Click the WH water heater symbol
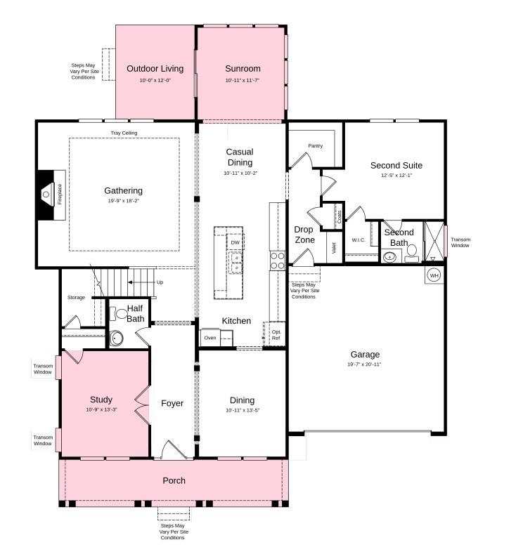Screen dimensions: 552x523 tap(434, 275)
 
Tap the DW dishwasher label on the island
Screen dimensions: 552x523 tap(235, 243)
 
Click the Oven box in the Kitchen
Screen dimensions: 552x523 tap(210, 338)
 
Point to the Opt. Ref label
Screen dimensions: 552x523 tap(276, 335)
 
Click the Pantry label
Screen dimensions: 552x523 tap(315, 146)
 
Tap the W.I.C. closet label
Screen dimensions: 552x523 tap(359, 239)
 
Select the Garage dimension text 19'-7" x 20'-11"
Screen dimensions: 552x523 tap(364, 365)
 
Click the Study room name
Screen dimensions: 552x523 tap(101, 400)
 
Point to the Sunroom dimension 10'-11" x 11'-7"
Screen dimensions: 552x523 tap(243, 81)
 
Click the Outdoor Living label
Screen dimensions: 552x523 tap(155, 69)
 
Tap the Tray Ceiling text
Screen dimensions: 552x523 tap(124, 133)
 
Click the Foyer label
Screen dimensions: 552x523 tap(172, 403)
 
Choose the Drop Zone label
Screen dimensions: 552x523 tap(304, 235)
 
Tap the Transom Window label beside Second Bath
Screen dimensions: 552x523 tap(460, 242)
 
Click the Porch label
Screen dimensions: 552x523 tap(174, 480)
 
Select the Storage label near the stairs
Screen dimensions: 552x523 tap(76, 298)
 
